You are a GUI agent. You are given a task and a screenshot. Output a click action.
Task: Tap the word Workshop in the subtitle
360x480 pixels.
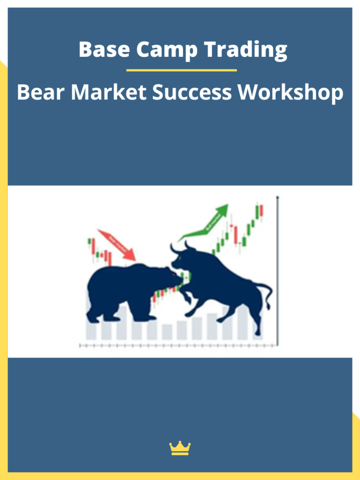pyautogui.click(x=290, y=93)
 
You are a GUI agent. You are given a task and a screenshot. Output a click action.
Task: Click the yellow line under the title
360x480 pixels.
pyautogui.click(x=181, y=70)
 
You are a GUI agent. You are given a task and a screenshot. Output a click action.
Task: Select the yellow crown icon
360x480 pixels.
pyautogui.click(x=180, y=448)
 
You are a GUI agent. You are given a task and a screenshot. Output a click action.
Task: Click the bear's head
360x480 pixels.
pyautogui.click(x=166, y=277)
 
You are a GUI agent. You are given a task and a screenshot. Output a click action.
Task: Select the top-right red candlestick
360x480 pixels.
pyautogui.click(x=262, y=211)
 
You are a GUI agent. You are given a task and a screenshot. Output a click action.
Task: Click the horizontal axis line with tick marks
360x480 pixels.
pyautogui.click(x=178, y=345)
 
